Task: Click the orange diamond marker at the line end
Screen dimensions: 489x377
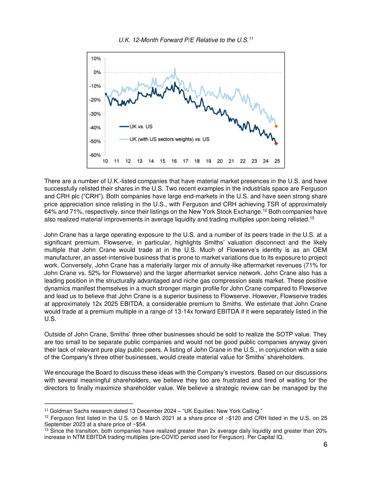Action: pos(276,126)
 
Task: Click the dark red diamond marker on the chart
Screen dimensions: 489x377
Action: pos(276,143)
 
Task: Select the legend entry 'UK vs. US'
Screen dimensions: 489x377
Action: pos(141,127)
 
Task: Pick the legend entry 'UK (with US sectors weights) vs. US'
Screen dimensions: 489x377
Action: pos(169,139)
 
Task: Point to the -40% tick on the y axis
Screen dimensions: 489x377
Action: pos(95,128)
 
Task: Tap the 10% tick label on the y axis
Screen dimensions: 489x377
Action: pos(96,59)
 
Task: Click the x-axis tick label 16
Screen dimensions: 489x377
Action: pos(174,161)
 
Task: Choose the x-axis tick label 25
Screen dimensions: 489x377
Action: pos(277,161)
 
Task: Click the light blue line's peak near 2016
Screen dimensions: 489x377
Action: pos(175,69)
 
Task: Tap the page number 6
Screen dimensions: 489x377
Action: pos(325,445)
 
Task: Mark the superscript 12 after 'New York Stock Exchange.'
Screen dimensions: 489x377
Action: pos(265,210)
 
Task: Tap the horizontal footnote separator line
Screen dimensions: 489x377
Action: pos(89,404)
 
